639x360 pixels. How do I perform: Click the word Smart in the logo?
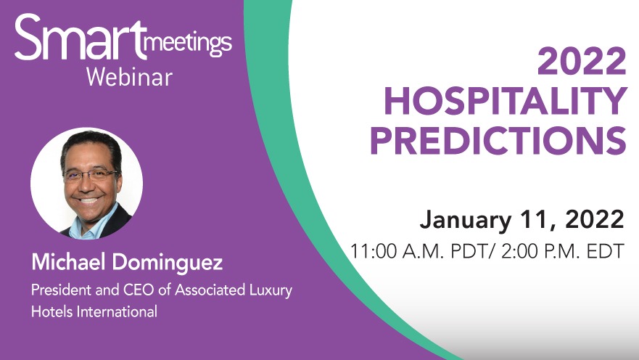click(80, 38)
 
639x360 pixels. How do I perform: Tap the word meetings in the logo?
click(188, 46)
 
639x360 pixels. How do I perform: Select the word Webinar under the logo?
click(129, 77)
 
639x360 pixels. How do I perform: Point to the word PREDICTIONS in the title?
click(498, 140)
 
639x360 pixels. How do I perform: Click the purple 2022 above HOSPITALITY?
click(582, 61)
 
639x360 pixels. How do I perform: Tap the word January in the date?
click(466, 220)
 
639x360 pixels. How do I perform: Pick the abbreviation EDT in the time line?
click(606, 250)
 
